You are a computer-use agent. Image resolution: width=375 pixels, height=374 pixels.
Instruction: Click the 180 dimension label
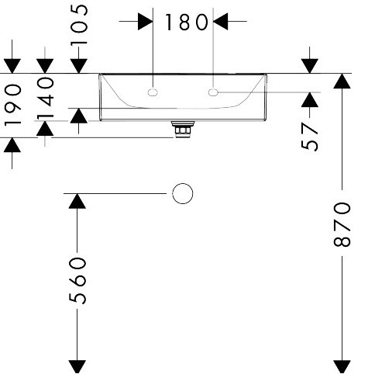tap(186, 22)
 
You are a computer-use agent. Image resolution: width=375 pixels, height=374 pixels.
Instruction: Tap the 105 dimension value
tap(79, 25)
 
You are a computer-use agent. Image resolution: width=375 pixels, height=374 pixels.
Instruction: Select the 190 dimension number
tap(13, 104)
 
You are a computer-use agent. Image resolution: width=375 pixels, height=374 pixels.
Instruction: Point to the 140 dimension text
tap(46, 98)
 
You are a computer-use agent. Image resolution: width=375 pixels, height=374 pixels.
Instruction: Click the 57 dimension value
tap(309, 137)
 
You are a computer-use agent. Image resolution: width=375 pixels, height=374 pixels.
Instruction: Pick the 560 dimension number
tap(77, 280)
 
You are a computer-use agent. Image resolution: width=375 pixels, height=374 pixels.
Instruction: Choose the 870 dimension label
tap(342, 224)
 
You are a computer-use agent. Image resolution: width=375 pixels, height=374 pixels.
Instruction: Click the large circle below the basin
tap(182, 193)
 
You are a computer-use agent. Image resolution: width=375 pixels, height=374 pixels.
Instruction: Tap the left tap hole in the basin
tap(153, 92)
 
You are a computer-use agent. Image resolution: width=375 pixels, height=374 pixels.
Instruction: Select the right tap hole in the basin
tap(213, 92)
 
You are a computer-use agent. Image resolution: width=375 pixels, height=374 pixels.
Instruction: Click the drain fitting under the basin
tap(183, 130)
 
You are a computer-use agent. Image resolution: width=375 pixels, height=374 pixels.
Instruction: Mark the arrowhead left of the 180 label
tap(146, 22)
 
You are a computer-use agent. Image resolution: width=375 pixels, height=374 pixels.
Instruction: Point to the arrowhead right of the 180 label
tap(221, 22)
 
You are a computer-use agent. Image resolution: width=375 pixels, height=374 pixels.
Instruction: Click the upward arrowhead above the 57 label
tap(310, 99)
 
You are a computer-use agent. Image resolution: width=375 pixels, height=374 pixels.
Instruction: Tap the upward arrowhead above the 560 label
tap(77, 201)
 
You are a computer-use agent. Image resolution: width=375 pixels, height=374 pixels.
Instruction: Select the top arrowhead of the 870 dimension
tap(342, 81)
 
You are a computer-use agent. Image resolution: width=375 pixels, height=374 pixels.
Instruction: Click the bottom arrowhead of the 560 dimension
tap(77, 367)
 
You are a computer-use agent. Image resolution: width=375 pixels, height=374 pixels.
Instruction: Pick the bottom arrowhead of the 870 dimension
tap(342, 367)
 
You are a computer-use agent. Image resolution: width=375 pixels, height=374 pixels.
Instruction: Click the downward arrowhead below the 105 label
tap(79, 66)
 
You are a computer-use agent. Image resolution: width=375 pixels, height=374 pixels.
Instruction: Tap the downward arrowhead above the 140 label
tap(45, 66)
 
